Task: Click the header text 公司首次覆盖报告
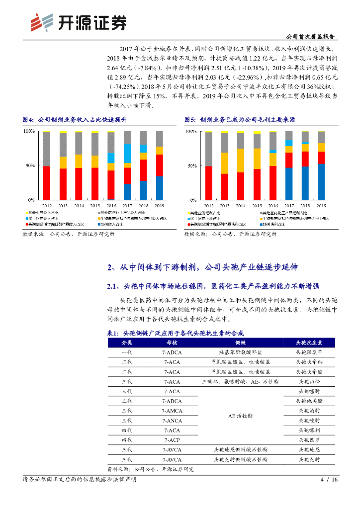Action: (x=311, y=37)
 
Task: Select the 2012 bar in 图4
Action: (x=47, y=166)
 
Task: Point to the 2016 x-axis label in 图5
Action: (x=273, y=205)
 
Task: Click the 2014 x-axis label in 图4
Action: (x=79, y=205)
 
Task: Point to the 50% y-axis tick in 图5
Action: (x=190, y=166)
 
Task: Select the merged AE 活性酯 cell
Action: (x=240, y=416)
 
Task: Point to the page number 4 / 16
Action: (x=329, y=480)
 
